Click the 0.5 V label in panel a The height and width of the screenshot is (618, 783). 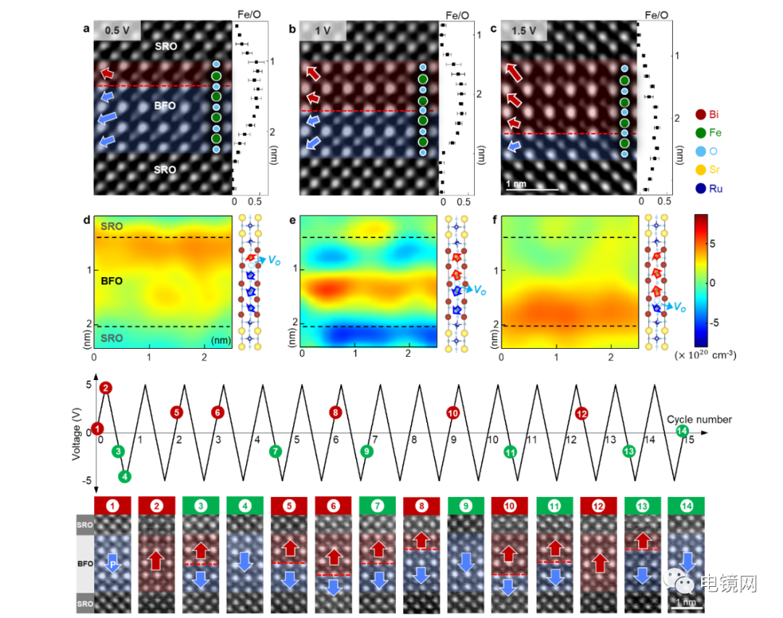pyautogui.click(x=117, y=31)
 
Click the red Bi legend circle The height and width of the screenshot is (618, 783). pyautogui.click(x=700, y=114)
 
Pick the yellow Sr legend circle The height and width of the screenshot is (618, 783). pyautogui.click(x=700, y=170)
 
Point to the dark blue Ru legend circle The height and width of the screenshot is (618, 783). pyautogui.click(x=700, y=189)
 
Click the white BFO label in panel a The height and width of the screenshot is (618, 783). pyautogui.click(x=165, y=106)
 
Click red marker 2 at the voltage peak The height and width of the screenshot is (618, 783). pyautogui.click(x=107, y=388)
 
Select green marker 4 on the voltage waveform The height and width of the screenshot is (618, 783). pyautogui.click(x=125, y=477)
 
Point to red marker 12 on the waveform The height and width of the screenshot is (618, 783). pyautogui.click(x=581, y=413)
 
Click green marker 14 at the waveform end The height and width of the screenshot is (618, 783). pyautogui.click(x=681, y=432)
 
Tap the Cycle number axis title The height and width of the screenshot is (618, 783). pyautogui.click(x=699, y=419)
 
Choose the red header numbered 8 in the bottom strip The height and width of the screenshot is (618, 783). pyautogui.click(x=421, y=505)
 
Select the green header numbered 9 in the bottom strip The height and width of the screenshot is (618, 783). pyautogui.click(x=465, y=505)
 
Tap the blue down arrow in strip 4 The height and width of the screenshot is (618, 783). pyautogui.click(x=245, y=561)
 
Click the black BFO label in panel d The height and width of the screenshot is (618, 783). pyautogui.click(x=112, y=281)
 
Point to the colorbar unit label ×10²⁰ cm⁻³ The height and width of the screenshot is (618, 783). pyautogui.click(x=705, y=355)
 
